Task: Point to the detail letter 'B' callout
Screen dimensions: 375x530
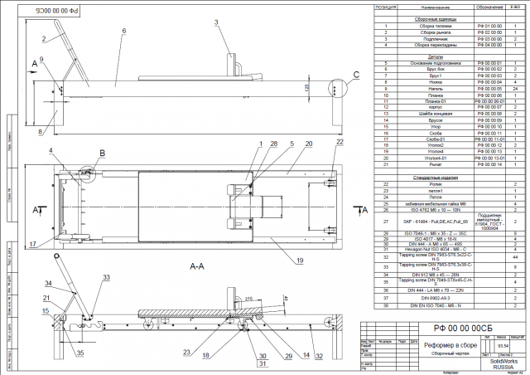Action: click(102, 153)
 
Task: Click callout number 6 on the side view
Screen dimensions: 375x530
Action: click(123, 31)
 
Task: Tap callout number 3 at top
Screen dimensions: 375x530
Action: click(216, 22)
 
